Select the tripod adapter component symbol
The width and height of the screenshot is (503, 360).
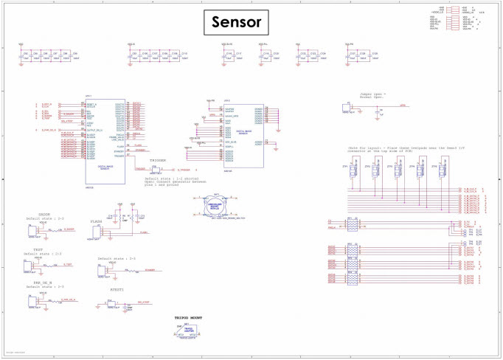pyautogui.click(x=188, y=332)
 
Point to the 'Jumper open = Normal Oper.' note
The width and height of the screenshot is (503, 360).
pyautogui.click(x=373, y=96)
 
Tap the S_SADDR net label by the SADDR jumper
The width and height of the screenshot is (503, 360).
pyautogui.click(x=69, y=230)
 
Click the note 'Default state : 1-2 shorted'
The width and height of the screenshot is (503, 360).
pyautogui.click(x=171, y=179)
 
